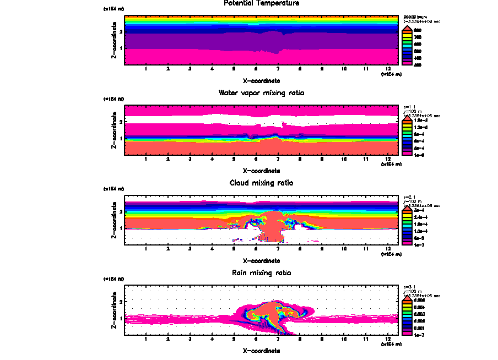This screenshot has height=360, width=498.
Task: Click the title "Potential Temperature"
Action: pos(261,3)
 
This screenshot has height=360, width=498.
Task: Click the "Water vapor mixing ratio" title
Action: pos(261,93)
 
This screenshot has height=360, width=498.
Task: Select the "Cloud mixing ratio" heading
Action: pos(261,183)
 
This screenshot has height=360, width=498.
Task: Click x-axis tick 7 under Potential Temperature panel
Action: pos(278,69)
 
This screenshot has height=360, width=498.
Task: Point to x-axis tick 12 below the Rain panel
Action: pos(388,339)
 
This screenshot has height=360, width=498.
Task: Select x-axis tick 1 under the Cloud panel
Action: pos(146,249)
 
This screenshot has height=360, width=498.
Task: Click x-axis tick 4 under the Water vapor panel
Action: pos(212,159)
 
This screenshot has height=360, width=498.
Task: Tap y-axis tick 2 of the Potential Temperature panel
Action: pos(121,32)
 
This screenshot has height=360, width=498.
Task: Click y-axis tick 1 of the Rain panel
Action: pos(121,318)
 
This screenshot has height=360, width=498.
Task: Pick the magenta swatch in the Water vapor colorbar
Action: pos(408,155)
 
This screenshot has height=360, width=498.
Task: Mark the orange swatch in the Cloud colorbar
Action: pos(408,212)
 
